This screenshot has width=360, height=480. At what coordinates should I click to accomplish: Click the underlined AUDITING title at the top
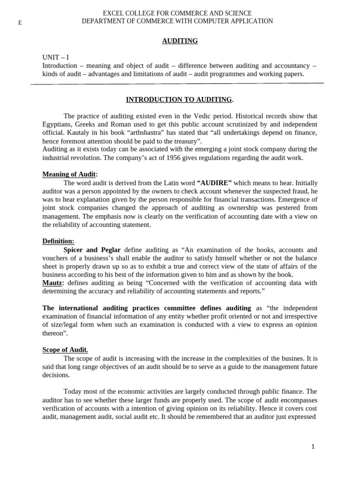pos(180,41)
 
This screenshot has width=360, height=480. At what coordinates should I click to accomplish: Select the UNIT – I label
pos(55,58)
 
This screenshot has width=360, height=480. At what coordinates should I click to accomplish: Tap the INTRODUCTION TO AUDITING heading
pos(179,99)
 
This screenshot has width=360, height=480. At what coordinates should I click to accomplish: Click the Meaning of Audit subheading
pos(69,174)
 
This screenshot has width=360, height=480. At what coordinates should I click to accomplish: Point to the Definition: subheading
pos(58,241)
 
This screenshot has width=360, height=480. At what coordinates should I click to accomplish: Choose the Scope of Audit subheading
pos(65,350)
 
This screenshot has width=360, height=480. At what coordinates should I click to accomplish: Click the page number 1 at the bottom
pos(313,447)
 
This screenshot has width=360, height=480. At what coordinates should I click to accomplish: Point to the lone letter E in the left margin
pos(20,23)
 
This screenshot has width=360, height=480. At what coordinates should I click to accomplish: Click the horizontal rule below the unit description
pos(177,84)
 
